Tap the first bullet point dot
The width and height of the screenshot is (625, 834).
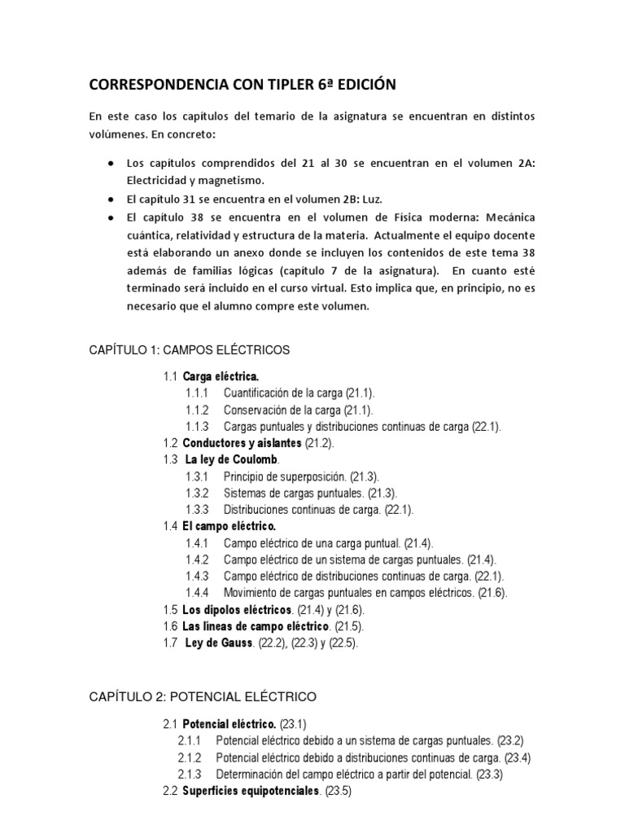110,163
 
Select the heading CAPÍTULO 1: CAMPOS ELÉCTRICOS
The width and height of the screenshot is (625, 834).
189,349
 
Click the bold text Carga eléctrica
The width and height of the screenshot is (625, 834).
221,376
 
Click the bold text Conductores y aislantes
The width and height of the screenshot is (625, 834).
242,443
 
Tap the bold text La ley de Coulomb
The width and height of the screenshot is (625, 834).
232,460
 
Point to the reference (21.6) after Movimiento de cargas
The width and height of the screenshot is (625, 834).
492,593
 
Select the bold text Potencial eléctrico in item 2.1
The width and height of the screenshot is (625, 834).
229,723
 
